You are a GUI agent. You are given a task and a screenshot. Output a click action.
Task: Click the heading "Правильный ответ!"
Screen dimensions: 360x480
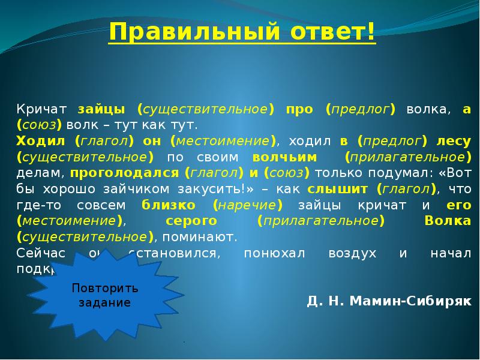pyautogui.click(x=242, y=31)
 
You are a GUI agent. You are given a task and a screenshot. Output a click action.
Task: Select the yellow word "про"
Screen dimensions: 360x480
pyautogui.click(x=298, y=109)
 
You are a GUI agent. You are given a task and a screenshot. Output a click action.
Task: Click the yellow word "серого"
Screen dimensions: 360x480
pyautogui.click(x=187, y=221)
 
